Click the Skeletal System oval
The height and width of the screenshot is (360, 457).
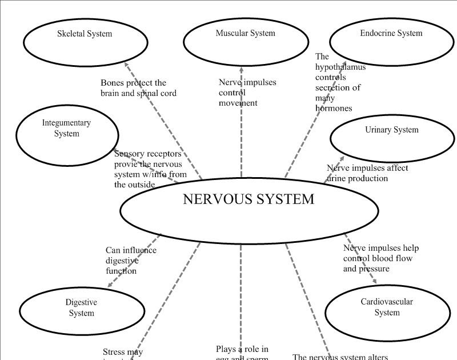85,42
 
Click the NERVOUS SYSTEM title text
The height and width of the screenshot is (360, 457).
248,199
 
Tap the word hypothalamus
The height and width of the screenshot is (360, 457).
340,67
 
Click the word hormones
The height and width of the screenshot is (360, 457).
334,108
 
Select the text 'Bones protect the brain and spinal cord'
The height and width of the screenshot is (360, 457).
138,88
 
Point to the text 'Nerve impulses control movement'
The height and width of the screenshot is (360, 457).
247,93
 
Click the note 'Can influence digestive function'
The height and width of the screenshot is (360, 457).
130,261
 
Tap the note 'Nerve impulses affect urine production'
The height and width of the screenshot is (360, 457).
367,173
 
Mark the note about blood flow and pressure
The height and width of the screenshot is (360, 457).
380,258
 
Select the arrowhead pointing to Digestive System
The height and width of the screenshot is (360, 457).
110,284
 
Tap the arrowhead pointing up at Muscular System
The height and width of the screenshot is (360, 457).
241,70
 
